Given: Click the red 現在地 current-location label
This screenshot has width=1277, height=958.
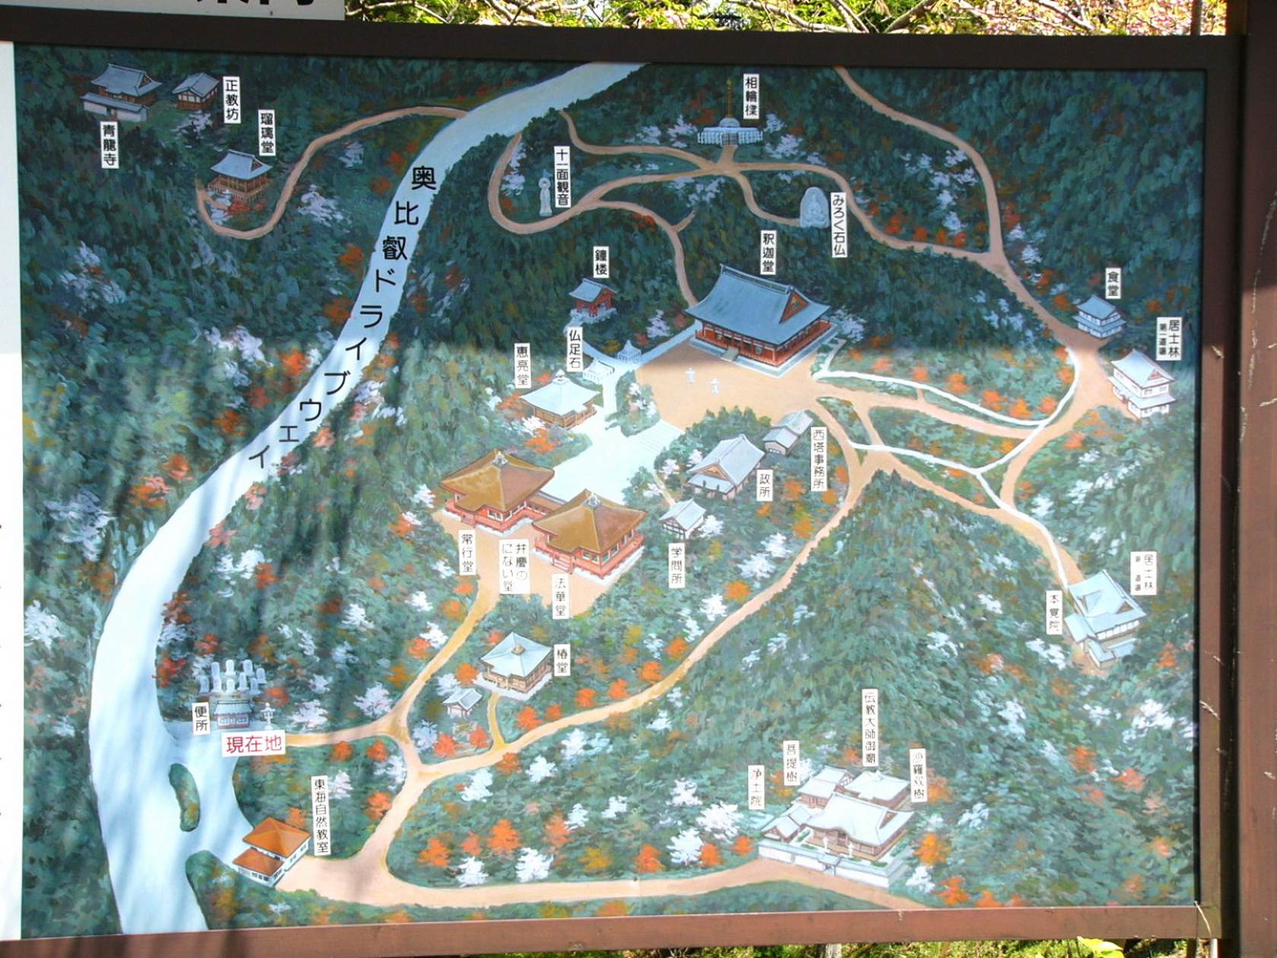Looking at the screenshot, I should (x=254, y=744).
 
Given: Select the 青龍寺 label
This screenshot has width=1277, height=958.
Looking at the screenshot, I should (x=110, y=147).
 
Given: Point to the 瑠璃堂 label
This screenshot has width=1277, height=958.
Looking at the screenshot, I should (x=267, y=132).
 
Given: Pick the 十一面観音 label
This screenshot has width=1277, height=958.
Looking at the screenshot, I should (x=562, y=177).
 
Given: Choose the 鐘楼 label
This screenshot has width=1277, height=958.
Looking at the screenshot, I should (x=601, y=262).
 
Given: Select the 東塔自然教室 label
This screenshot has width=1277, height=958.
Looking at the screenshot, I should (x=322, y=815).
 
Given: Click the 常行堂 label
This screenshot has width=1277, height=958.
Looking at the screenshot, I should (x=466, y=552).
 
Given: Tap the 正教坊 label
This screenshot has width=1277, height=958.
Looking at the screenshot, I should (x=231, y=100).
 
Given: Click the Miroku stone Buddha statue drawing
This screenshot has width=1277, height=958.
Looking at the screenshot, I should (x=813, y=207).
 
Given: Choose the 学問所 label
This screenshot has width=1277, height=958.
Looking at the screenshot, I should (x=676, y=565).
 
